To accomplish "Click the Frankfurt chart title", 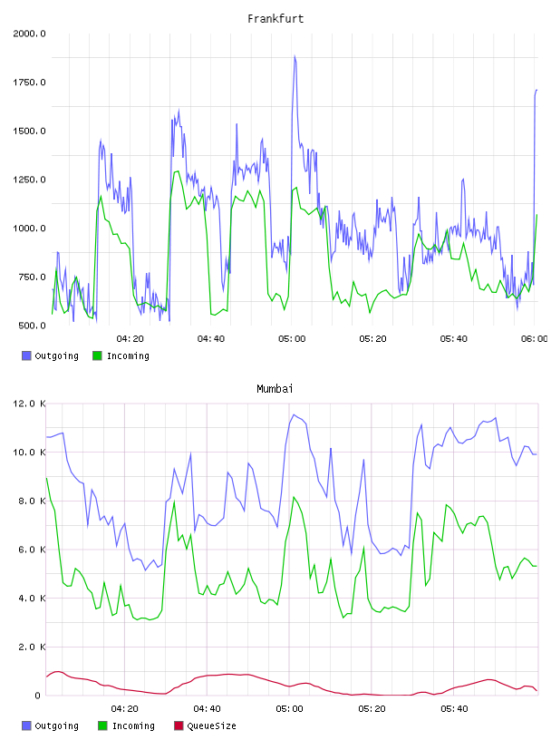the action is (x=275, y=19).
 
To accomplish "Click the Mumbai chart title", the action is (x=275, y=389).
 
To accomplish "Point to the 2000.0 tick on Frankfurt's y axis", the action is (x=29, y=34).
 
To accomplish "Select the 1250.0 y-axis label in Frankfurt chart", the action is (x=29, y=180).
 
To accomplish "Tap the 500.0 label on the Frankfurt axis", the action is (x=32, y=326).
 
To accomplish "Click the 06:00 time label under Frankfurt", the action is (x=535, y=339).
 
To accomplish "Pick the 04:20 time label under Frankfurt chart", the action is (x=130, y=339).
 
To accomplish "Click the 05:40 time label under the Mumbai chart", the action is (x=454, y=709).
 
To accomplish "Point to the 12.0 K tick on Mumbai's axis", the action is (x=29, y=404).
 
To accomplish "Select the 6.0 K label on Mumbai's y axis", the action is (x=32, y=550).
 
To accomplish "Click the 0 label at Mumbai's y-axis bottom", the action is (x=37, y=696).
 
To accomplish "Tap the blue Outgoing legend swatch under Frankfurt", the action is (x=26, y=355).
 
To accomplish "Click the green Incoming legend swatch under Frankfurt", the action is (x=97, y=355).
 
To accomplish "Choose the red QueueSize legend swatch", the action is (x=179, y=725).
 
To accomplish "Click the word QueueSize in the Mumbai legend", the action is (x=211, y=725).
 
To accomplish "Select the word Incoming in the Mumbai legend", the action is (x=133, y=726).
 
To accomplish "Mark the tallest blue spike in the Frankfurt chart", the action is (x=295, y=56).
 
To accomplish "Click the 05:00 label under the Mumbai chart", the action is (x=289, y=709).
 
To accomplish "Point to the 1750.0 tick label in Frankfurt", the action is (x=29, y=83).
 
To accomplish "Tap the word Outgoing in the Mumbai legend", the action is (x=56, y=726).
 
